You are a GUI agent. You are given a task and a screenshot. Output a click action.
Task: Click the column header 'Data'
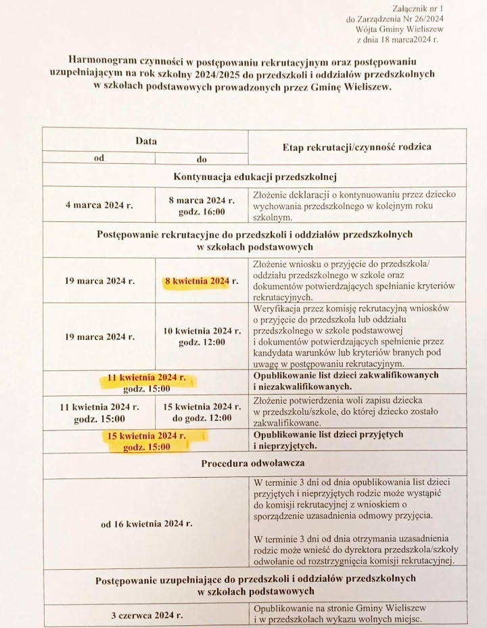(145, 141)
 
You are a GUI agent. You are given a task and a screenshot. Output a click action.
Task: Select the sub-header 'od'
(99, 158)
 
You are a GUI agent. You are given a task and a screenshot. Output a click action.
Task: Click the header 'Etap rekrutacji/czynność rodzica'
(355, 147)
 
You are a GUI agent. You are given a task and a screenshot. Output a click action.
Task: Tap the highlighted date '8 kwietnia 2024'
(196, 281)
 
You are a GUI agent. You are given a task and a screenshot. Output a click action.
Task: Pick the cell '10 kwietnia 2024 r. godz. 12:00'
(202, 336)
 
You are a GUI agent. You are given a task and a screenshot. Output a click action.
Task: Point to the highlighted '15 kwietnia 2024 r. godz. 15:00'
(146, 441)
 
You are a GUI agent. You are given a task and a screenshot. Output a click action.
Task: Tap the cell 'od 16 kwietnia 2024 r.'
(146, 523)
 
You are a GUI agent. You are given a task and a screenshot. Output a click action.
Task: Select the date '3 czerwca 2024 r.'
(146, 616)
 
